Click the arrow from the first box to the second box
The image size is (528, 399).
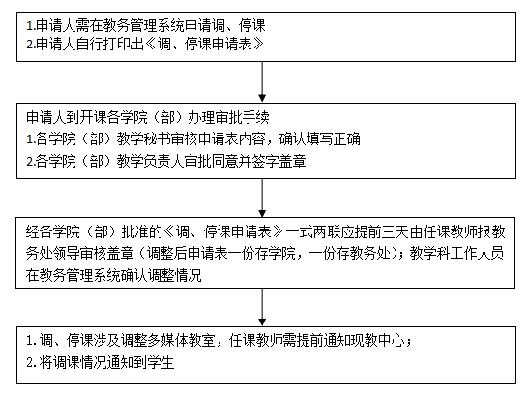tap(262, 81)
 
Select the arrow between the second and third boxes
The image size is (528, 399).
tap(262, 198)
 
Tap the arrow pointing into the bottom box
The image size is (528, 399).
tap(262, 307)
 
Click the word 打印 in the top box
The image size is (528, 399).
tap(116, 44)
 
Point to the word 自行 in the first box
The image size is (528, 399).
tap(90, 44)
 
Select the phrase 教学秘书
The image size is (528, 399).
tap(144, 138)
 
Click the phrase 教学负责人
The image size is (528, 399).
tap(151, 161)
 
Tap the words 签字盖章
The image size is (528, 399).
tap(279, 161)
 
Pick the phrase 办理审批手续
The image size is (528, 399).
tap(228, 117)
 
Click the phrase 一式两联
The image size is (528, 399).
tap(313, 231)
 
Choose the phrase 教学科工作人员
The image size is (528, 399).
tap(457, 254)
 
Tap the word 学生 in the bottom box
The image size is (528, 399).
tap(161, 362)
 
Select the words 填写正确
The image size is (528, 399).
tap(334, 138)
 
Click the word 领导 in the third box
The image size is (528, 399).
tap(67, 254)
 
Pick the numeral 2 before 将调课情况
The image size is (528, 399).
tap(30, 363)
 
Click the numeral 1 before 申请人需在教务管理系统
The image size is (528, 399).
tap(30, 25)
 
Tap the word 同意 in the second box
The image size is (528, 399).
tap(225, 161)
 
